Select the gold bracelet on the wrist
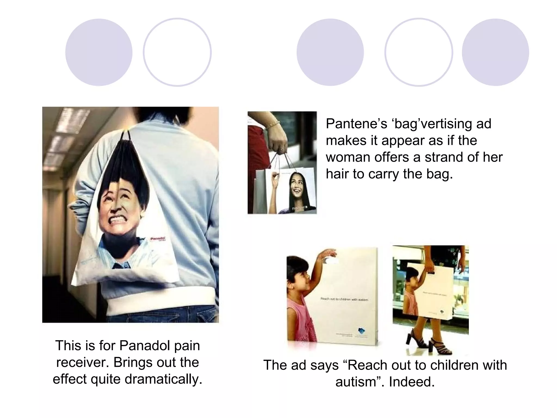click(273, 125)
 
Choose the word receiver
click(83, 362)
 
